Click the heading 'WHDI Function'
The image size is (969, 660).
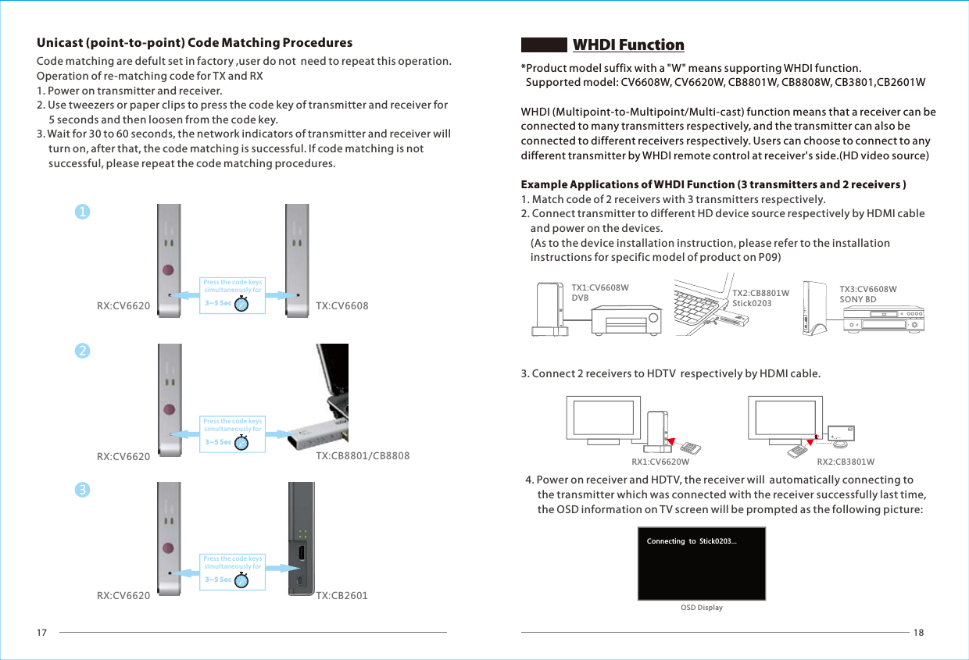click(x=628, y=45)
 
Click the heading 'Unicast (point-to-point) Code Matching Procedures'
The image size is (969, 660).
click(x=195, y=42)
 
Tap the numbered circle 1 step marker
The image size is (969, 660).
click(x=82, y=212)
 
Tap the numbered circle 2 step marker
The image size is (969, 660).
click(x=82, y=351)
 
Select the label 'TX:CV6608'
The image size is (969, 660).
click(x=341, y=305)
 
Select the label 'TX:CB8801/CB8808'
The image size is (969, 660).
click(x=362, y=455)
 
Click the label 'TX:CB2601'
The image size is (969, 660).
click(x=341, y=596)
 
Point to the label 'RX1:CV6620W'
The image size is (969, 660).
click(x=660, y=462)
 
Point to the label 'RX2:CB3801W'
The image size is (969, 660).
click(x=845, y=462)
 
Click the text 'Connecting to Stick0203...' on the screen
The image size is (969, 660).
click(x=692, y=541)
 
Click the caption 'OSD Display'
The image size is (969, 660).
click(x=701, y=608)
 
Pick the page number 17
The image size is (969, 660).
click(x=42, y=633)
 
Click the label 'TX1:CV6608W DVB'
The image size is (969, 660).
click(x=599, y=293)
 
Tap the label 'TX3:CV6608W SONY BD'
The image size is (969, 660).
click(x=867, y=294)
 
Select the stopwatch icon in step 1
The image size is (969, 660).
click(x=242, y=303)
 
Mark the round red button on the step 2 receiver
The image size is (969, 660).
click(x=169, y=408)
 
